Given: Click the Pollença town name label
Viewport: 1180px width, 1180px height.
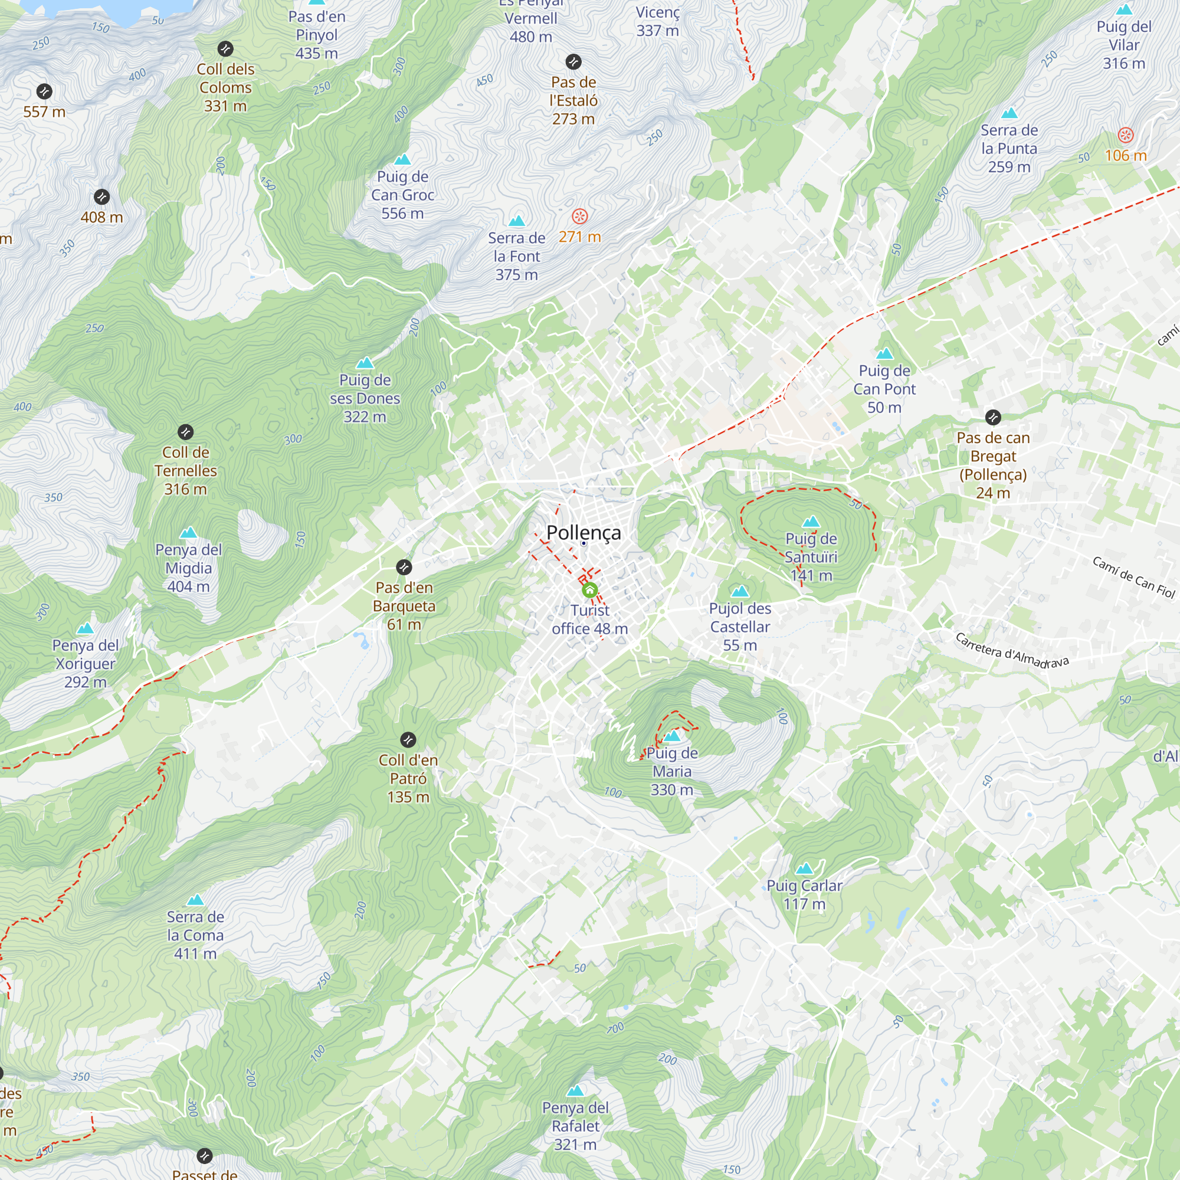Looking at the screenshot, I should pyautogui.click(x=584, y=532).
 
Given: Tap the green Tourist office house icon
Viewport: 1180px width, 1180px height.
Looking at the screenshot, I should pyautogui.click(x=589, y=590).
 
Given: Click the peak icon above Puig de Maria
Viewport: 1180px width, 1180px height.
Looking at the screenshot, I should pyautogui.click(x=672, y=736).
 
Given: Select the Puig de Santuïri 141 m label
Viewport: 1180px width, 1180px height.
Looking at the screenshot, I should pyautogui.click(x=811, y=556).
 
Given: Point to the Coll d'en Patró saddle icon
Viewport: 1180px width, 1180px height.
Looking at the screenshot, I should pyautogui.click(x=408, y=740).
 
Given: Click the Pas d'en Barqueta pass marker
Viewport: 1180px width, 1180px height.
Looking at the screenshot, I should pyautogui.click(x=404, y=567).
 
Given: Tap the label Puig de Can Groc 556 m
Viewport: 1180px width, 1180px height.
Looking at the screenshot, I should pyautogui.click(x=402, y=195).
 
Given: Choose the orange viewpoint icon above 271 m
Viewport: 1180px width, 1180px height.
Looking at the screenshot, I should pyautogui.click(x=579, y=215).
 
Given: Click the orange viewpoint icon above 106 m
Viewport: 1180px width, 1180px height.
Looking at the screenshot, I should pyautogui.click(x=1125, y=135).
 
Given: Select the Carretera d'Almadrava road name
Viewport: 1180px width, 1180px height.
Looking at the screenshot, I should pyautogui.click(x=1011, y=651).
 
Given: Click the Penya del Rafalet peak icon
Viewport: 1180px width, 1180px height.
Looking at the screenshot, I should pyautogui.click(x=575, y=1090).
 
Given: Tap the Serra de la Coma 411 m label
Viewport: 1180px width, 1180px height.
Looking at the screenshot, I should pyautogui.click(x=195, y=935).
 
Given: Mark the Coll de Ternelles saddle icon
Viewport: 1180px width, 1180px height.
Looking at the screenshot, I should pyautogui.click(x=186, y=432).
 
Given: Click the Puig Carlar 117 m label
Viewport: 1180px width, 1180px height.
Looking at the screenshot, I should pyautogui.click(x=804, y=894).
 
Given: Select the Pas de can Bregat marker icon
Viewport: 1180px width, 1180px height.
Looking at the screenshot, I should pyautogui.click(x=993, y=417).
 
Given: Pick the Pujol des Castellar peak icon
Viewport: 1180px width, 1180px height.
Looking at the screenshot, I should pyautogui.click(x=740, y=591).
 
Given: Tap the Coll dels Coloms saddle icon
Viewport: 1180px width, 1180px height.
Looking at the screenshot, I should pyautogui.click(x=225, y=49).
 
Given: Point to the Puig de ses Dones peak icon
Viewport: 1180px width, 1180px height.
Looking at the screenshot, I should pyautogui.click(x=365, y=363).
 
